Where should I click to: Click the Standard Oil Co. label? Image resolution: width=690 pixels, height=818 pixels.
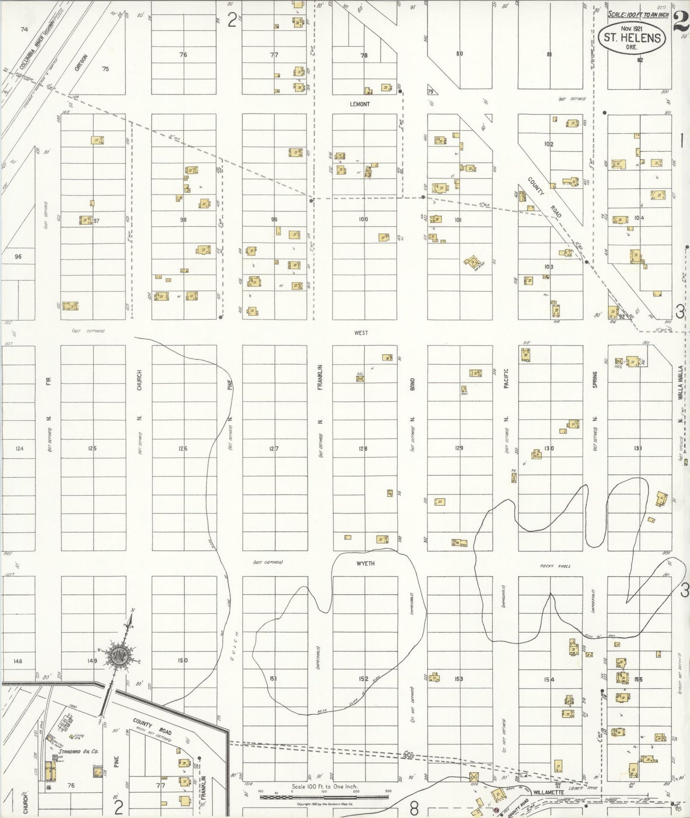(78, 751)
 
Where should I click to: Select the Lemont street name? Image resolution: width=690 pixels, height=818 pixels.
(360, 104)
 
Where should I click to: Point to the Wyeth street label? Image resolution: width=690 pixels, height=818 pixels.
(366, 564)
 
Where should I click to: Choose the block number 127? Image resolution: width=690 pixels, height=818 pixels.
(274, 449)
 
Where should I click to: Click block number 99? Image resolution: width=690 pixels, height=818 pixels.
(274, 220)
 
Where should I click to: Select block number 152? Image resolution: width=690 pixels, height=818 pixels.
(363, 679)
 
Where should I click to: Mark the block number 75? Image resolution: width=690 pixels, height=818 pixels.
(106, 69)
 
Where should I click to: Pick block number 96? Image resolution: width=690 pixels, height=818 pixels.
(18, 257)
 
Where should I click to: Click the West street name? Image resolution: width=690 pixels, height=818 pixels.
(361, 333)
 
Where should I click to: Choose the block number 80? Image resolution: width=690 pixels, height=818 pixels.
(459, 54)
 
